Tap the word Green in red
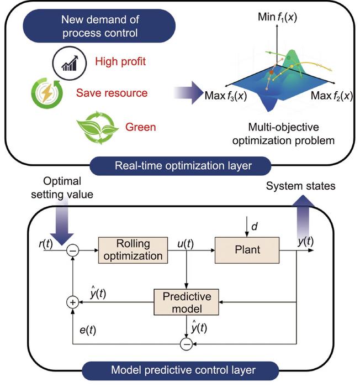[141, 127]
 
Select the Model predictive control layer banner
[181, 369]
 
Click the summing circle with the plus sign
[71, 302]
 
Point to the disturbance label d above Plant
[252, 226]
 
